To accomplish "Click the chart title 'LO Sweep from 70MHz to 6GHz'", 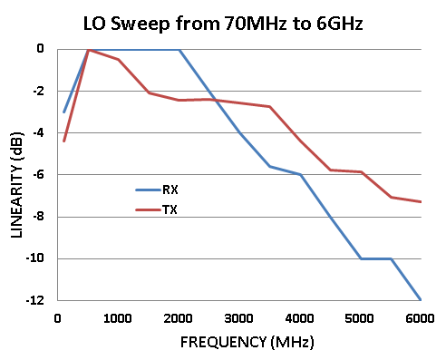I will point(223,23).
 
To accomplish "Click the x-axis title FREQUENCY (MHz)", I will point(238,344).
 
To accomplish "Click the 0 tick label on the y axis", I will point(40,49).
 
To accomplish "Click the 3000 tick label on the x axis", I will point(238,316).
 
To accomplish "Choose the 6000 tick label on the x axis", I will point(420,316).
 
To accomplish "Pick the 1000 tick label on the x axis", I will point(118,316).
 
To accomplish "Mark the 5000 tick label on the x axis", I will point(360,316).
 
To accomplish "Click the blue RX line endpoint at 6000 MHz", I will point(421,299).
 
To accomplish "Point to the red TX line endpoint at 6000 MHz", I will point(421,201).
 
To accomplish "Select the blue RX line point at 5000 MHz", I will point(360,258).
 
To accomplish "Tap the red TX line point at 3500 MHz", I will point(269,106).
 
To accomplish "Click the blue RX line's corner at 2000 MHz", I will point(179,50).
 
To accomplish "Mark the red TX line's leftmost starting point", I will point(63,141).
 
